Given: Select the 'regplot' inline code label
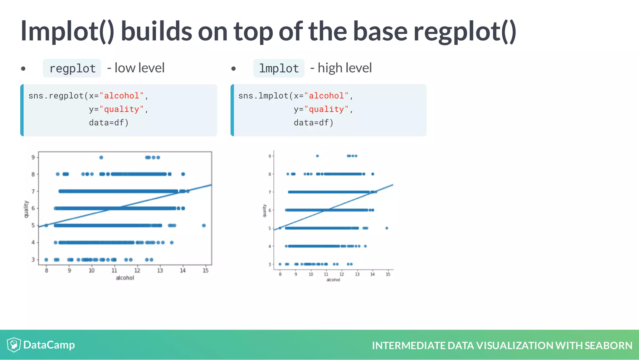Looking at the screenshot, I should (72, 68).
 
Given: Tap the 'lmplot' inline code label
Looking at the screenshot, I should (279, 68).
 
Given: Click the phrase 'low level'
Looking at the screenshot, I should (139, 68).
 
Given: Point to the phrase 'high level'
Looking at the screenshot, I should (344, 68).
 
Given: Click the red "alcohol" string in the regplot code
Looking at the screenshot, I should (122, 96).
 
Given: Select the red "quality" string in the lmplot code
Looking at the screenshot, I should (326, 109).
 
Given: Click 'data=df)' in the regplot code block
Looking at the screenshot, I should (109, 123).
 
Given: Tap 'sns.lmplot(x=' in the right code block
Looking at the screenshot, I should (271, 96).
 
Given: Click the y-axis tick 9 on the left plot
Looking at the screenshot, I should (33, 157).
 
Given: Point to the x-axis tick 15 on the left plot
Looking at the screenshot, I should (205, 270).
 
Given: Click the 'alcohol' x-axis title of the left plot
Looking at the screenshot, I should (125, 278).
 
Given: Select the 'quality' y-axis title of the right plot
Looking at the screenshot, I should (265, 211).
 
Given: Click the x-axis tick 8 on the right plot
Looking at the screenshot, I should (280, 274).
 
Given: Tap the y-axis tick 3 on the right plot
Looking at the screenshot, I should (270, 264).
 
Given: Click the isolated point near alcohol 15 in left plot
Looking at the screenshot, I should (204, 225).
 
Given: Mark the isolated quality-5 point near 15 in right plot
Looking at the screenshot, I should (387, 228).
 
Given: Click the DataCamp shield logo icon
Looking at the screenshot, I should (14, 345).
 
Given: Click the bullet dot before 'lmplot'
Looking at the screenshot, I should (233, 68).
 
